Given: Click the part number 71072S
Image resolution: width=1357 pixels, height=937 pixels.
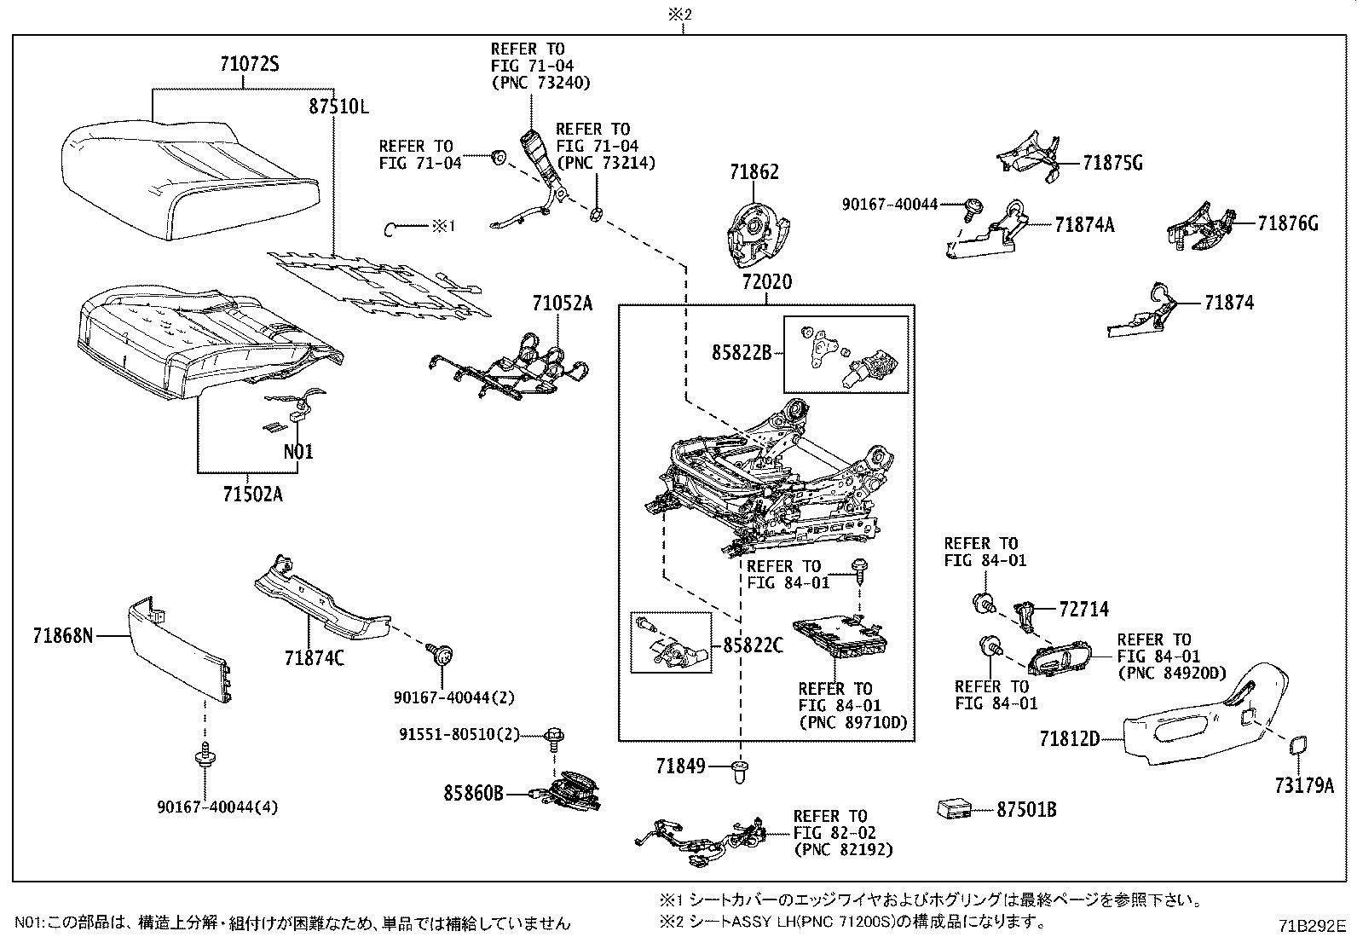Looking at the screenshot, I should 250,64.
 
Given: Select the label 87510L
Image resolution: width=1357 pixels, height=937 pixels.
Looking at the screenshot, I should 338,107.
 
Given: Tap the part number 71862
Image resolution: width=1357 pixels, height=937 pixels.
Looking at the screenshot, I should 754,172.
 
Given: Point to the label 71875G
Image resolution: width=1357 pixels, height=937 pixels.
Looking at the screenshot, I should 1112,163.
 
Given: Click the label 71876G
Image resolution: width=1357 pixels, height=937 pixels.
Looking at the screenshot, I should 1287,224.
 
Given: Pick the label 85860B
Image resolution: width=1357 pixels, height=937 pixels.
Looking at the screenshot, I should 473,795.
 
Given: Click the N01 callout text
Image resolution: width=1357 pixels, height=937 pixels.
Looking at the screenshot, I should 297,452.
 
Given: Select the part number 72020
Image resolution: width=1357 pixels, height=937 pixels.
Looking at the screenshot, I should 766,282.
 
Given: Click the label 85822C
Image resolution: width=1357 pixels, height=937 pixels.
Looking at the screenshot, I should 753,646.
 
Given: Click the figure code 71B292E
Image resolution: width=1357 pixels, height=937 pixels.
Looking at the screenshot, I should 1311,924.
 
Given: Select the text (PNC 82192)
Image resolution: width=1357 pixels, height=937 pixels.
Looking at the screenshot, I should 843,849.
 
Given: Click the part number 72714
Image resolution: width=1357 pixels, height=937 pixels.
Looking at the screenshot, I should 1083,610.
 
